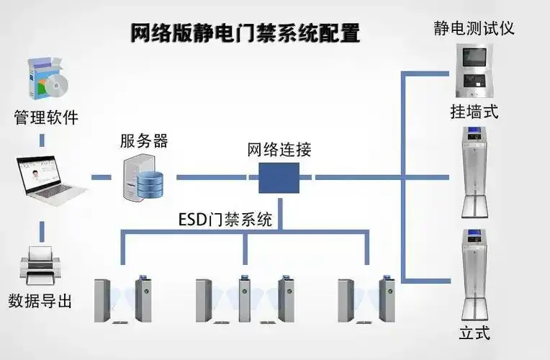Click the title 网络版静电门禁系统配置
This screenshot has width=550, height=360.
pyautogui.click(x=245, y=33)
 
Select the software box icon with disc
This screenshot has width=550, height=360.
pyautogui.click(x=45, y=78)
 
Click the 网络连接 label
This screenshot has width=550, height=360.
pyautogui.click(x=279, y=150)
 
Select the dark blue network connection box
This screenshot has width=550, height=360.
pyautogui.click(x=279, y=177)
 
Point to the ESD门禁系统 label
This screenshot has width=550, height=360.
pyautogui.click(x=225, y=220)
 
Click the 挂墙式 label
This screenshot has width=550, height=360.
pyautogui.click(x=474, y=112)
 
